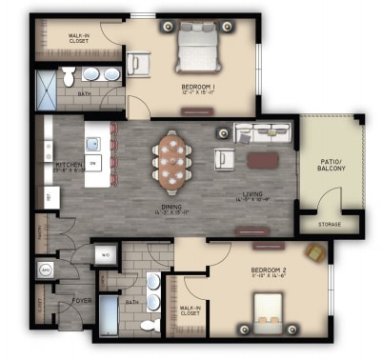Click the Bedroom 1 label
pyautogui.click(x=198, y=89)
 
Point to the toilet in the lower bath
pyautogui.click(x=150, y=324)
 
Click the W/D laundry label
pyautogui.click(x=107, y=255)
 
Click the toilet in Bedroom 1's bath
pyautogui.click(x=70, y=77)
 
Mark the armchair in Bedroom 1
pyautogui.click(x=140, y=65)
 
